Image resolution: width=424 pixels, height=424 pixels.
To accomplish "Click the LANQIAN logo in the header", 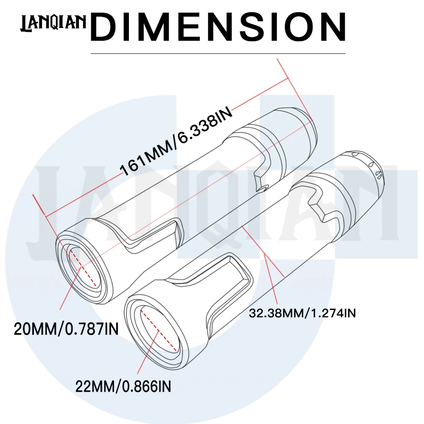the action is pyautogui.click(x=53, y=23).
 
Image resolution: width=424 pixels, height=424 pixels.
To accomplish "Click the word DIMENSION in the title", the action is pyautogui.click(x=218, y=27).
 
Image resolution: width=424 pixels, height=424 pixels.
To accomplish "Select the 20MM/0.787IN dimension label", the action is pyautogui.click(x=66, y=329).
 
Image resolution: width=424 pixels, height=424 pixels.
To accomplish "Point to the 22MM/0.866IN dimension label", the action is pyautogui.click(x=123, y=386).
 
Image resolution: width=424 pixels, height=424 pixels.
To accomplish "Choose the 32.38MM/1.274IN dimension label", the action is pyautogui.click(x=302, y=313).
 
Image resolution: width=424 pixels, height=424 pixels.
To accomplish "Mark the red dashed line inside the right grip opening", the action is pyautogui.click(x=159, y=331).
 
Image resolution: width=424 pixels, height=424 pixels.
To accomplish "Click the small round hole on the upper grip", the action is pyautogui.click(x=262, y=188).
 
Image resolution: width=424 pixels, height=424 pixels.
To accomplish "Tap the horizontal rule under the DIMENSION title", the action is pyautogui.click(x=218, y=53).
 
